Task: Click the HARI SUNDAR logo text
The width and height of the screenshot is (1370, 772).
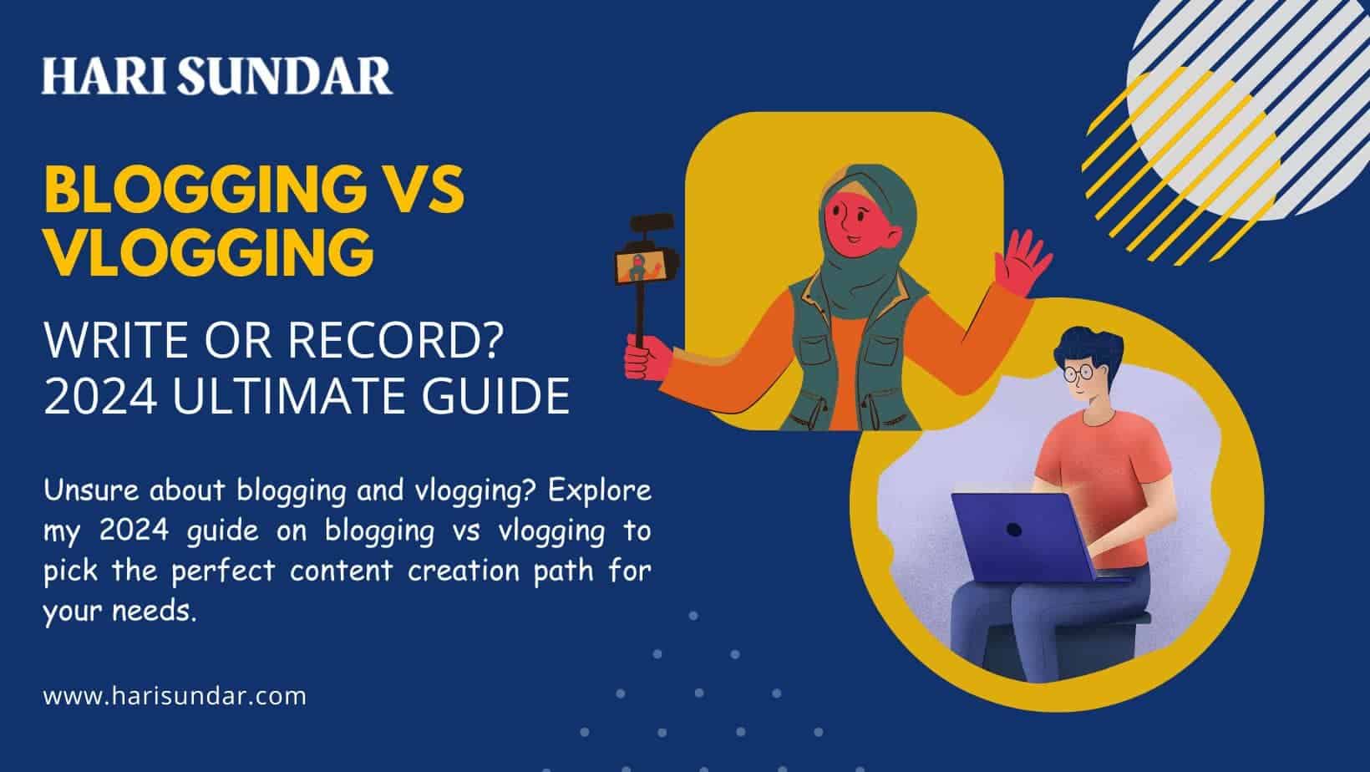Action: click(x=217, y=76)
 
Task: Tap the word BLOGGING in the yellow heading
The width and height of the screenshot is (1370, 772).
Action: click(x=205, y=190)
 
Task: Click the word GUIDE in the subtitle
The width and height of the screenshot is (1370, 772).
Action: click(x=495, y=396)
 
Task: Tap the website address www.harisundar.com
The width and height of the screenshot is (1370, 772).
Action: click(x=175, y=696)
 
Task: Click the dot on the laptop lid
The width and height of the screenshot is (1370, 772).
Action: click(x=1013, y=529)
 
